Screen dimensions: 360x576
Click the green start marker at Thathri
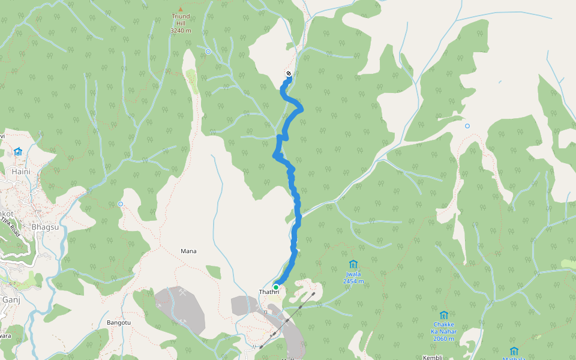pyautogui.click(x=276, y=287)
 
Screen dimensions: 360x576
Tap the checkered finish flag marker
pyautogui.click(x=289, y=74)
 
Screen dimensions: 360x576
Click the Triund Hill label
pyautogui.click(x=181, y=20)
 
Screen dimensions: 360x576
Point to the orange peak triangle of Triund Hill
pyautogui.click(x=180, y=9)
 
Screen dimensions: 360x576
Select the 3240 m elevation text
pyautogui.click(x=181, y=31)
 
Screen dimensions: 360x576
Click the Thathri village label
pyautogui.click(x=269, y=292)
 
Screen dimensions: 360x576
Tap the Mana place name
pyautogui.click(x=188, y=251)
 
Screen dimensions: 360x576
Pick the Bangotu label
pyautogui.click(x=118, y=322)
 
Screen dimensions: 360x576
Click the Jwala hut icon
pyautogui.click(x=353, y=264)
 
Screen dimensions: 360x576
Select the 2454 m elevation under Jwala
pyautogui.click(x=353, y=281)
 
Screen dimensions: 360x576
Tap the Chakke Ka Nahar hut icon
pyautogui.click(x=443, y=315)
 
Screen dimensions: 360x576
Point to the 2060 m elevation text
pyautogui.click(x=443, y=339)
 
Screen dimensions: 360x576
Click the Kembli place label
pyautogui.click(x=433, y=357)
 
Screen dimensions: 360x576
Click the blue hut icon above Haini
pyautogui.click(x=18, y=152)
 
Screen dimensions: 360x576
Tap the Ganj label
pyautogui.click(x=11, y=299)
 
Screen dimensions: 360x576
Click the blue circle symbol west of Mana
pyautogui.click(x=121, y=204)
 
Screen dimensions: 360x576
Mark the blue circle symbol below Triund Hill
pyautogui.click(x=208, y=52)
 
